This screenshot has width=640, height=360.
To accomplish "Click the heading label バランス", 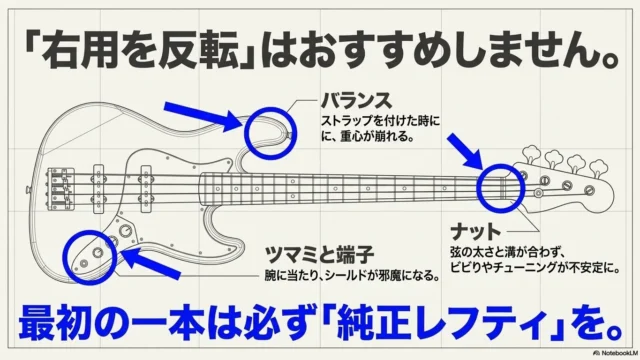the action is [x=356, y=101].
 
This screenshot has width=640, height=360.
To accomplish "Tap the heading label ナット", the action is [x=476, y=232].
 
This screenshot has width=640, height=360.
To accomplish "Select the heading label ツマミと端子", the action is [x=319, y=255].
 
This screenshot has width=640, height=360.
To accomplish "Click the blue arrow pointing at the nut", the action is [x=465, y=151].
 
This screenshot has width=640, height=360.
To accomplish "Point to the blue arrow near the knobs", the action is [x=151, y=263].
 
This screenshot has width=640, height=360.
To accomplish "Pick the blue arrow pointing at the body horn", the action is [x=203, y=117].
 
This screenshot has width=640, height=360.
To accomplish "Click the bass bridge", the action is [x=61, y=189].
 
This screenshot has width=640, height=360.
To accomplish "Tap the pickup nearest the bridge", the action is [x=98, y=189].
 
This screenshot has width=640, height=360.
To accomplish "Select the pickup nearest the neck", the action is [x=146, y=189].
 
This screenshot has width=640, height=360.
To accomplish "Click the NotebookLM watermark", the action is [x=616, y=353].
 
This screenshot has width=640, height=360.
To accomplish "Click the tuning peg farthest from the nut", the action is [x=598, y=168].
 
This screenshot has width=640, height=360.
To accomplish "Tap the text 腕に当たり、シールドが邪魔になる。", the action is [x=352, y=276].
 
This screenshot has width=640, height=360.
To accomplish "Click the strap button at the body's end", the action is [x=28, y=189].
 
